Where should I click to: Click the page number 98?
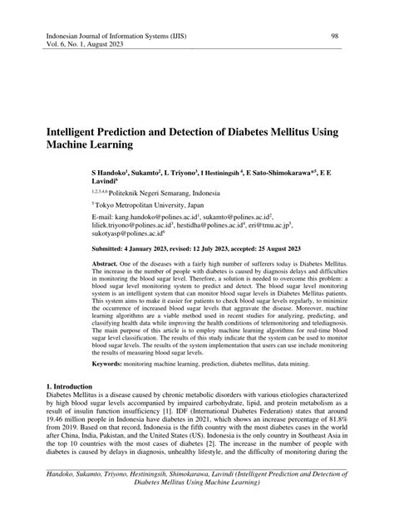[334, 37]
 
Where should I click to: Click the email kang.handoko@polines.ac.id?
[163, 215]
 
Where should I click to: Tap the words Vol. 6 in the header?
[57, 47]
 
